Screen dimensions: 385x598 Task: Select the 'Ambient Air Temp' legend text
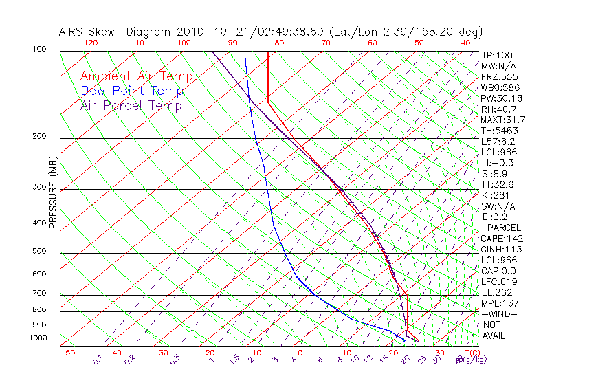click(136, 76)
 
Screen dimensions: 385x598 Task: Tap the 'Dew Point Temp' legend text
click(132, 91)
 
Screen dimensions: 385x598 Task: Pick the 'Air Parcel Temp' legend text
click(131, 105)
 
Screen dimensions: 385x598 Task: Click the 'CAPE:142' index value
click(500, 239)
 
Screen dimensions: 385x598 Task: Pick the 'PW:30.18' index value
click(501, 98)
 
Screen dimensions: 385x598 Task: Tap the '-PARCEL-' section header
click(504, 228)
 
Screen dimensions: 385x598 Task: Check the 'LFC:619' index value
click(498, 282)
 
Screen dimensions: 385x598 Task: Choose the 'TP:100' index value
click(497, 55)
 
